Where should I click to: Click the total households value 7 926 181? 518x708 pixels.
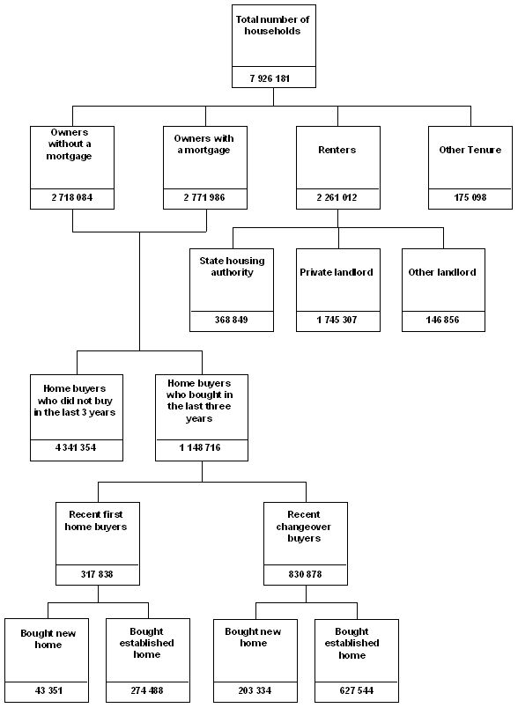(x=272, y=78)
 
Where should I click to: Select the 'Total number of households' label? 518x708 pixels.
(x=272, y=25)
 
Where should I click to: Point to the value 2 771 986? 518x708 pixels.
(x=204, y=197)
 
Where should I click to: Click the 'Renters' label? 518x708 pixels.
(x=337, y=150)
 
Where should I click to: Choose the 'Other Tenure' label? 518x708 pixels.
(x=470, y=150)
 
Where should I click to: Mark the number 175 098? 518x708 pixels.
(x=470, y=197)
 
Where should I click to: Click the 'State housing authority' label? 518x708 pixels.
(x=232, y=266)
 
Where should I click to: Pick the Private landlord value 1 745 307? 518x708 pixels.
(x=337, y=320)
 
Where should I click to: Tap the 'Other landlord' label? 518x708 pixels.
(x=443, y=272)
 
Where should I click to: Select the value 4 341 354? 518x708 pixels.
(x=76, y=448)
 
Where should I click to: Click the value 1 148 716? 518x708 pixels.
(x=202, y=448)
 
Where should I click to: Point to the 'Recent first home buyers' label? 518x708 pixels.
(x=97, y=520)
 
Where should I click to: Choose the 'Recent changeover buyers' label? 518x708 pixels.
(x=305, y=526)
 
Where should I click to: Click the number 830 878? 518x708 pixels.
(x=305, y=574)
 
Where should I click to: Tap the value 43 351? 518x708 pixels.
(x=48, y=690)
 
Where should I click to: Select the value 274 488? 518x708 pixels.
(x=147, y=690)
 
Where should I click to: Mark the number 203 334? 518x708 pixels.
(x=255, y=690)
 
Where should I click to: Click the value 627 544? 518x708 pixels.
(x=355, y=690)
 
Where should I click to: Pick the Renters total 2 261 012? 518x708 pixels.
(x=337, y=197)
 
